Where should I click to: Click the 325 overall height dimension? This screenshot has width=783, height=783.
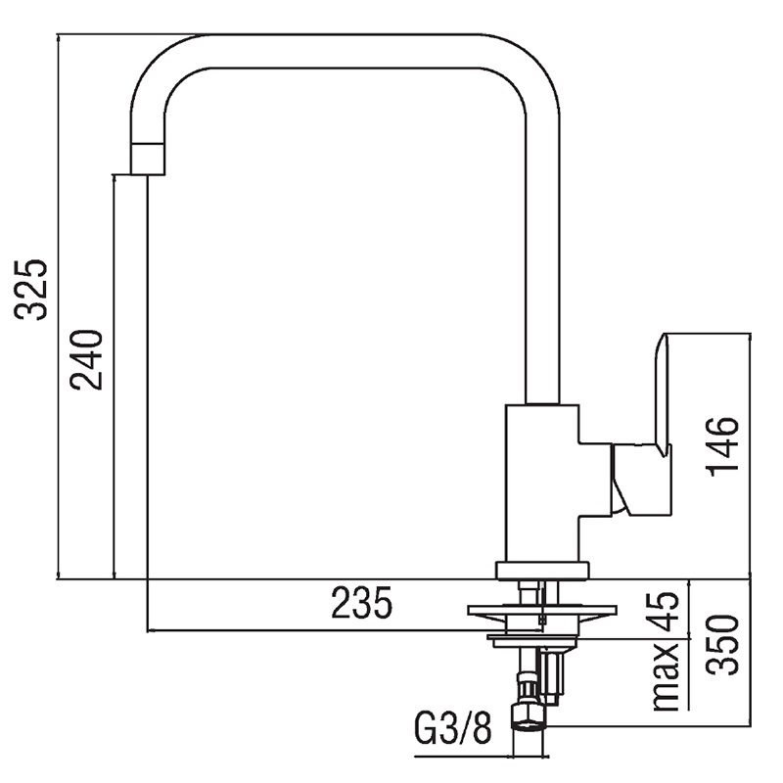click(x=31, y=290)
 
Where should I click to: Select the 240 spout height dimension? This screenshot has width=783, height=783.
click(x=86, y=359)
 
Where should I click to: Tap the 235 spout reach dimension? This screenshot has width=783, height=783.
click(x=361, y=602)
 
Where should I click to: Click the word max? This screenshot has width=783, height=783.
click(x=666, y=676)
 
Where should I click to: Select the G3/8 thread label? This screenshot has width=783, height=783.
click(x=452, y=728)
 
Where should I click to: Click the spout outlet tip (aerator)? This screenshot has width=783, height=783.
click(x=148, y=159)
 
